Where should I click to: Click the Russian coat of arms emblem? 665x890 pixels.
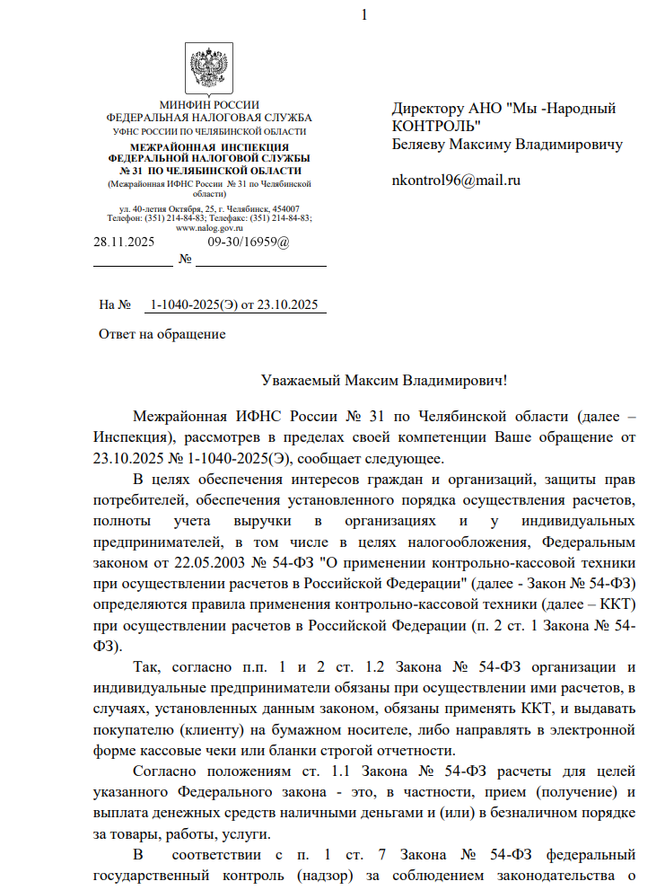pyautogui.click(x=209, y=68)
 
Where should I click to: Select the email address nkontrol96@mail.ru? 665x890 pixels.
pyautogui.click(x=456, y=180)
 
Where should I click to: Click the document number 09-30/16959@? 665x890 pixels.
pyautogui.click(x=249, y=242)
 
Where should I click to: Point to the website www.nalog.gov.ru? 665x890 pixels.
pyautogui.click(x=209, y=227)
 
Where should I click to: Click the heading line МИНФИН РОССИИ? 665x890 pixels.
pyautogui.click(x=209, y=106)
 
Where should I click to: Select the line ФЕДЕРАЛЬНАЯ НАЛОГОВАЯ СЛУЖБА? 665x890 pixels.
pyautogui.click(x=209, y=118)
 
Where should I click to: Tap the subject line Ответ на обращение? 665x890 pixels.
pyautogui.click(x=162, y=335)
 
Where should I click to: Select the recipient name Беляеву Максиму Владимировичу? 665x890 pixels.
pyautogui.click(x=507, y=144)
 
